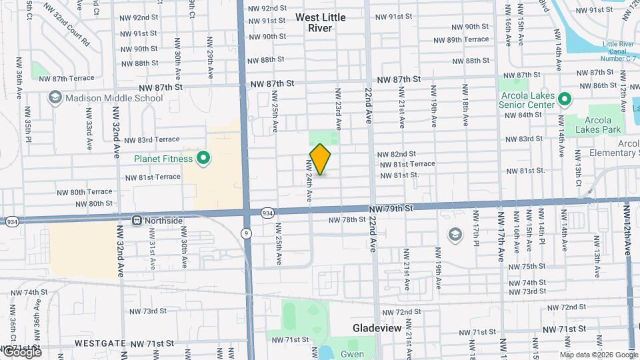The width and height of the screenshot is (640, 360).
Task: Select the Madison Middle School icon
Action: tap(54, 98)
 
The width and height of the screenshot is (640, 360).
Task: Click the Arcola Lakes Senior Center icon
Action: tap(565, 100)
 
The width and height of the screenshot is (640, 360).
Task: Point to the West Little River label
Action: tap(321, 23)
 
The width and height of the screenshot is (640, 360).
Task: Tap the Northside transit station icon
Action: tap(137, 220)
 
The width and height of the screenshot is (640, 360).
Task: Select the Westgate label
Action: tap(100, 343)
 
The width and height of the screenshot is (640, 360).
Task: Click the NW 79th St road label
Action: tap(395, 208)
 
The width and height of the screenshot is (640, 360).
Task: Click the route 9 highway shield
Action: tap(247, 233)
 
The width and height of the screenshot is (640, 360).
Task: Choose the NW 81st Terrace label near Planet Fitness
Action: tap(153, 177)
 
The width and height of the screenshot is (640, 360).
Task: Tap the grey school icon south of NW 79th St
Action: tap(455, 233)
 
